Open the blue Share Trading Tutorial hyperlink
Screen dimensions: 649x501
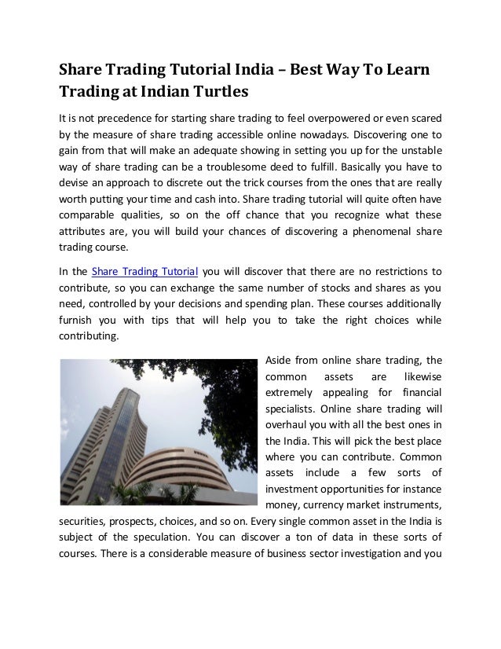[144, 273]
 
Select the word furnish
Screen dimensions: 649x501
[78, 322]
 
